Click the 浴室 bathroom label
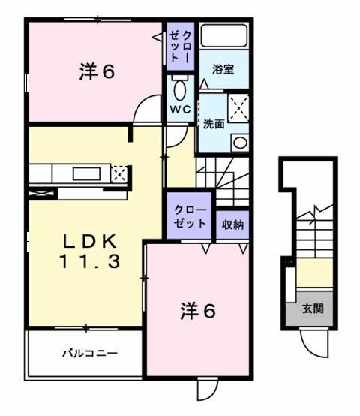coord(223,70)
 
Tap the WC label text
coord(180,108)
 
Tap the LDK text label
coord(88,242)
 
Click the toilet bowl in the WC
coord(180,87)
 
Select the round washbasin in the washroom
coord(239,142)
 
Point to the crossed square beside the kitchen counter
coord(118,174)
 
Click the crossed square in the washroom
coord(238,106)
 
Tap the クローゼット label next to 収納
coord(190,217)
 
